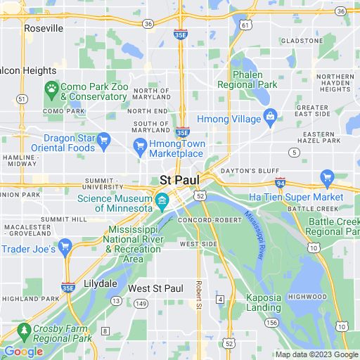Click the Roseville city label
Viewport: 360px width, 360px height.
(x=43, y=28)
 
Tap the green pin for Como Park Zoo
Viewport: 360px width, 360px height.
(x=51, y=89)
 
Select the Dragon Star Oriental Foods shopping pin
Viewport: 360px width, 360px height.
(x=103, y=139)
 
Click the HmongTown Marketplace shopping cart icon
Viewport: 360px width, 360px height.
(x=139, y=145)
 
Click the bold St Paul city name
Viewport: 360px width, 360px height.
(x=179, y=180)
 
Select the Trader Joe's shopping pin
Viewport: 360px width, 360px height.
(x=65, y=246)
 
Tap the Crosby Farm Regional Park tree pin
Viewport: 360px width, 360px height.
(x=25, y=329)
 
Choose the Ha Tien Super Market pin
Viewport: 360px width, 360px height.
(x=326, y=177)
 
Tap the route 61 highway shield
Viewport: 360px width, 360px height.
(x=244, y=25)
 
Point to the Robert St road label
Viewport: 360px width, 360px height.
(x=199, y=296)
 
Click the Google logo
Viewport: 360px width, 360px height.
(x=22, y=351)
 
